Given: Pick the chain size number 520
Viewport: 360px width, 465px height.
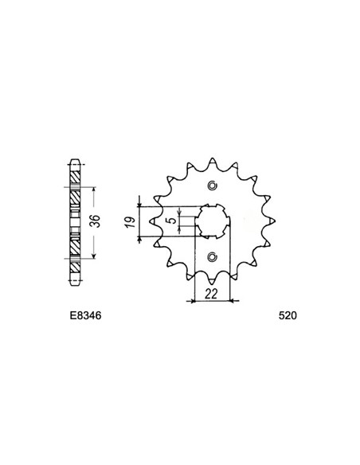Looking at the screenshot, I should (288, 316).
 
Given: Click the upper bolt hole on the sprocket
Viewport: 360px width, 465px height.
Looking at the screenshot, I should (211, 186).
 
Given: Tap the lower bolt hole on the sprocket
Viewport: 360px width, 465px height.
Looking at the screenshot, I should (211, 256).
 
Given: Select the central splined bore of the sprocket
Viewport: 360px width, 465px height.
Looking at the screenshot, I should (212, 221).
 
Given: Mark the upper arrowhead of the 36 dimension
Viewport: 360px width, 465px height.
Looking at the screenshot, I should (94, 190).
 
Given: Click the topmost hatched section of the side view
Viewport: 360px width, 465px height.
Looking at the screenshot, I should (76, 171).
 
